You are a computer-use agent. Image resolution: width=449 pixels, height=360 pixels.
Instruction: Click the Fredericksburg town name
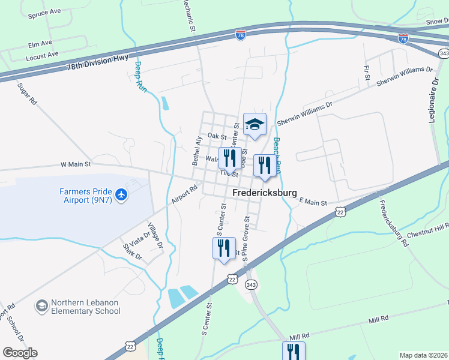click(265, 193)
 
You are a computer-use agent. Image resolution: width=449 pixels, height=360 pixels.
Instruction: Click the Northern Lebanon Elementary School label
click(85, 307)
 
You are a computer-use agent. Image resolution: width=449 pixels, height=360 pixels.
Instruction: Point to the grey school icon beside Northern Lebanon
click(41, 306)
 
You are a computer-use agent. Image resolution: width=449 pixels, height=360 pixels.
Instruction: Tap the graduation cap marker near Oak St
click(255, 125)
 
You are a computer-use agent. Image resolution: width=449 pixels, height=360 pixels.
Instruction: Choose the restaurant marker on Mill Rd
click(294, 351)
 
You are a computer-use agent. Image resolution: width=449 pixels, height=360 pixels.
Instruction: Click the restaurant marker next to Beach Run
click(264, 166)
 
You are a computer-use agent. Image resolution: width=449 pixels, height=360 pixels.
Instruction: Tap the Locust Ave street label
click(42, 55)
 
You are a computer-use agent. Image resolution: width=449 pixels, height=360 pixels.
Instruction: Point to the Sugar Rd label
click(27, 95)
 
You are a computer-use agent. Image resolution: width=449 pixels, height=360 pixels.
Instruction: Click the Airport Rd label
click(184, 195)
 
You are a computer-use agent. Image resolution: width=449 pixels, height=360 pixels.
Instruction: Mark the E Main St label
click(312, 203)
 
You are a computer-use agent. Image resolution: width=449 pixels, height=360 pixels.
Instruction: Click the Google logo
click(20, 353)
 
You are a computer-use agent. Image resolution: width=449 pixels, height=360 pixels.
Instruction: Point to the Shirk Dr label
click(131, 251)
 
